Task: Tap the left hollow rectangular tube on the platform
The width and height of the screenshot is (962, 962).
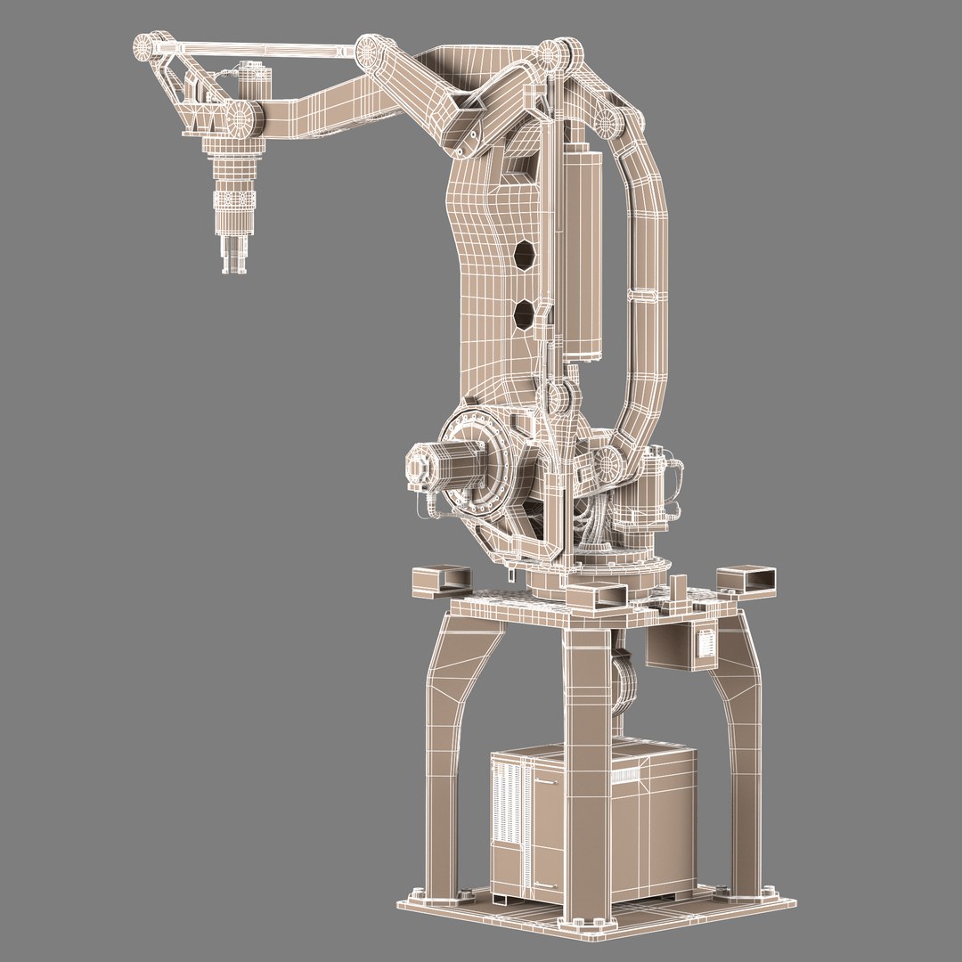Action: [440, 580]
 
